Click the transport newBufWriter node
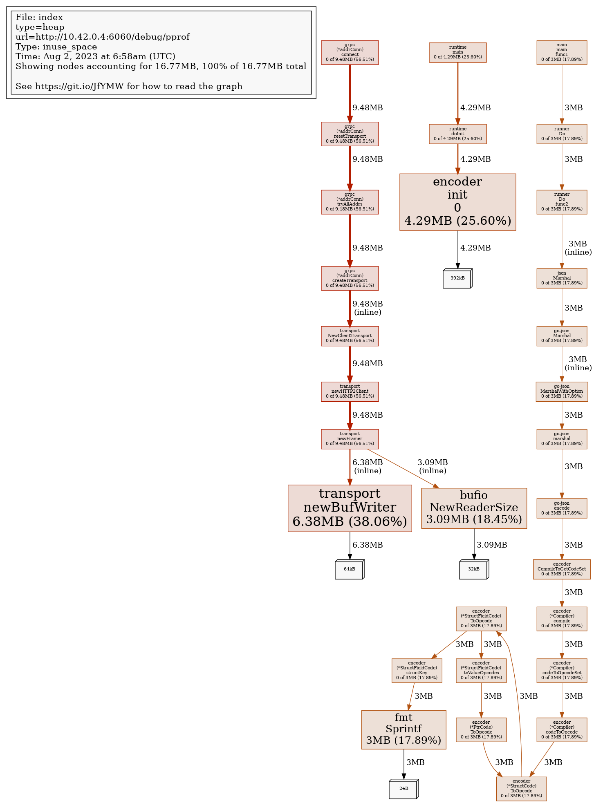[x=350, y=508]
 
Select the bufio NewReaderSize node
[x=474, y=508]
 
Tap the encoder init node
[x=457, y=202]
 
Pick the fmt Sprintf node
[x=403, y=729]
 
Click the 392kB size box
[x=457, y=278]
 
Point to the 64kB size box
[x=350, y=569]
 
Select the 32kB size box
[x=474, y=569]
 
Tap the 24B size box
[x=403, y=789]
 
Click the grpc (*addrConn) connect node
[x=350, y=52]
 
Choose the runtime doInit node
[x=457, y=134]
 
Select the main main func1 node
[x=562, y=52]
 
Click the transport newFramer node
[x=350, y=439]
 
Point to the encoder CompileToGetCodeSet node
[x=562, y=569]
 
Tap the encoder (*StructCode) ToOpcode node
[x=521, y=789]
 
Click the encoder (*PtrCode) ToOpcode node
[x=481, y=729]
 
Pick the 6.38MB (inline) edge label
[x=368, y=466]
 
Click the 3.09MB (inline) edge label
[x=433, y=466]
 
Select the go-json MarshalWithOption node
[x=562, y=391]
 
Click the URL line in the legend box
[x=103, y=37]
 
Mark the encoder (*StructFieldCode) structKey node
[x=417, y=671]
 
